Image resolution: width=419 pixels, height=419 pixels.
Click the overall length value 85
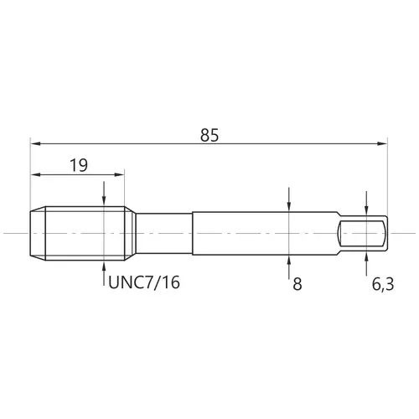[209, 135]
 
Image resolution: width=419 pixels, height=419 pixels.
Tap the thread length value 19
[79, 165]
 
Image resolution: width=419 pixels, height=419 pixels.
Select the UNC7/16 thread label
[144, 282]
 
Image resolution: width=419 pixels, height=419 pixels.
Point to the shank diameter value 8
[297, 284]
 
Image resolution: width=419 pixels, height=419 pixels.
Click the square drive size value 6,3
[383, 284]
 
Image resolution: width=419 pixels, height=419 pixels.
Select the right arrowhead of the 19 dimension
[119, 174]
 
